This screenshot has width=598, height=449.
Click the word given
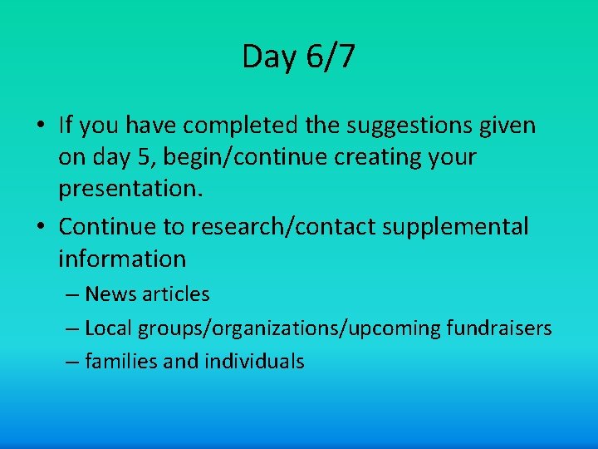tap(506, 126)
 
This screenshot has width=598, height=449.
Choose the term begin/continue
tap(258, 158)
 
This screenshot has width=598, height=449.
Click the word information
tap(122, 259)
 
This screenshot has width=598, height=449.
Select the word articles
tap(177, 294)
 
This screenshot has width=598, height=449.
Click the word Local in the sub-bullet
tap(109, 328)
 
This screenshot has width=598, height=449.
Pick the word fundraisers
tap(498, 328)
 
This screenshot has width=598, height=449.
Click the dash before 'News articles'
tap(71, 295)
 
